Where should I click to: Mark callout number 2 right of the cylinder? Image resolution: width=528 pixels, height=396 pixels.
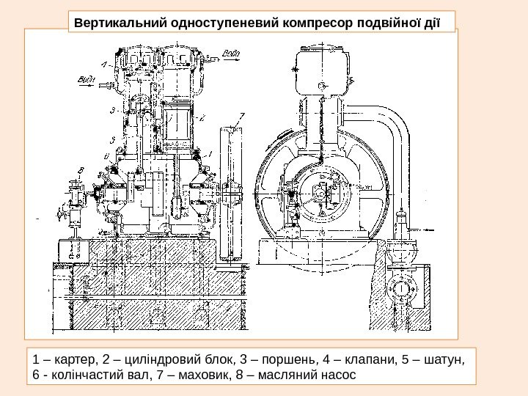[203, 116]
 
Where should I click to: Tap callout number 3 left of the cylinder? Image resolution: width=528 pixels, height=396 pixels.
[111, 110]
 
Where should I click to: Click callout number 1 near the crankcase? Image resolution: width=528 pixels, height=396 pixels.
[210, 153]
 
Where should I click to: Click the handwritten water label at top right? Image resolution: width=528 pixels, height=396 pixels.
[230, 53]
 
